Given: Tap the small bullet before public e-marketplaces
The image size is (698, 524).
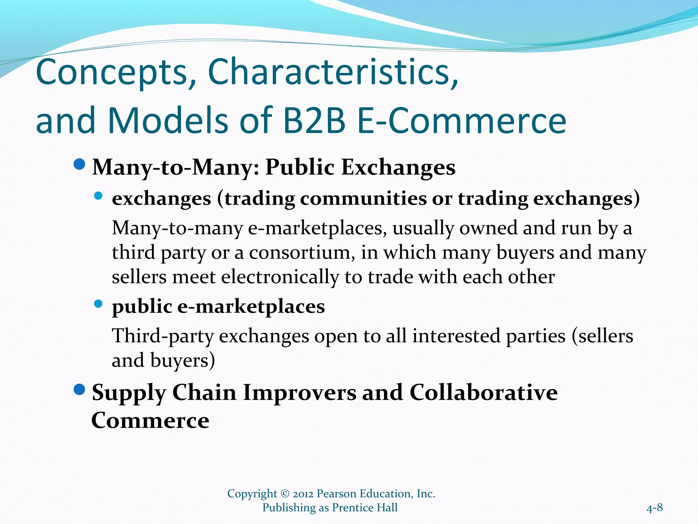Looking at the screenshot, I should [98, 304].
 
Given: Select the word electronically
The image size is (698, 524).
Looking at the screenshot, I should [280, 277].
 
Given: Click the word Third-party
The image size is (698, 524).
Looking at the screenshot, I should [163, 336].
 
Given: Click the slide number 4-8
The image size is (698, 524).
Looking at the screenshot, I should [654, 508].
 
